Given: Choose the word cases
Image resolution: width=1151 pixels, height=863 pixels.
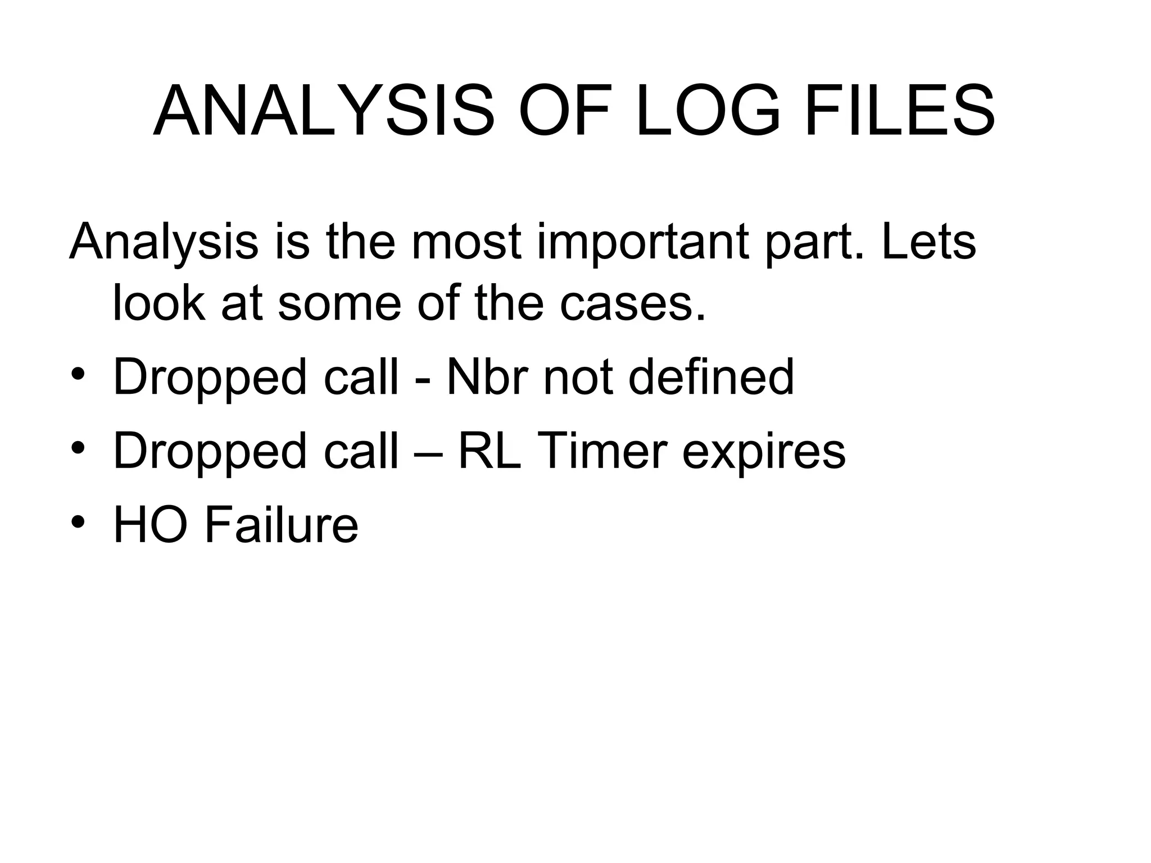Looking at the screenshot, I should [632, 304].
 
